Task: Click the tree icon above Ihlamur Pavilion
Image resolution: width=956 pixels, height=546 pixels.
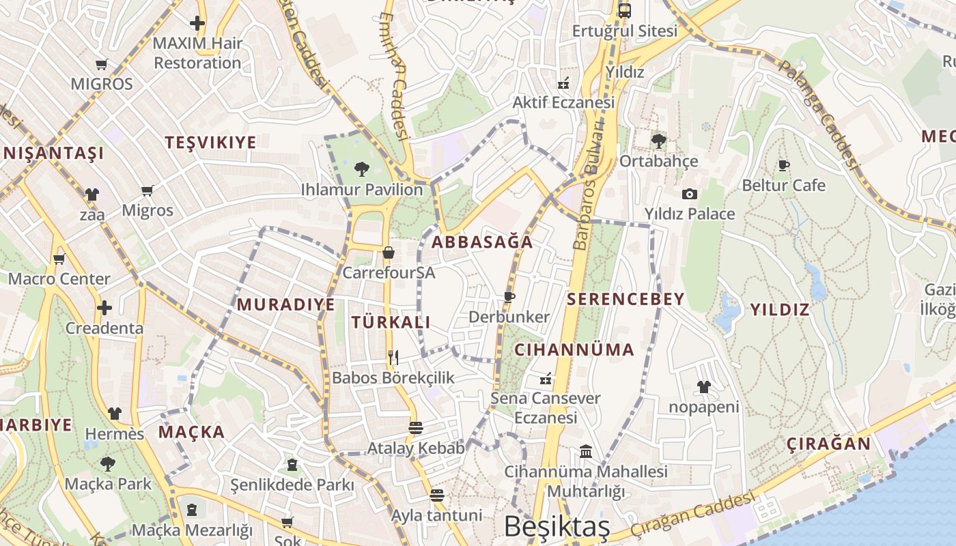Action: (362, 169)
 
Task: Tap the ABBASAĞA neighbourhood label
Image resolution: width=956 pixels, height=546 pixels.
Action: (482, 242)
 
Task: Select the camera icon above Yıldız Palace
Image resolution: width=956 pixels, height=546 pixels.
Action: (690, 194)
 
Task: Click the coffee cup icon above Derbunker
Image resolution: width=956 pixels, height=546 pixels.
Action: (509, 296)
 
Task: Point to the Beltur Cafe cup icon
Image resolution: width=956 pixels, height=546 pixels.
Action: (783, 165)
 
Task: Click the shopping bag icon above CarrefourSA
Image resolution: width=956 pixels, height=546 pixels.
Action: (389, 253)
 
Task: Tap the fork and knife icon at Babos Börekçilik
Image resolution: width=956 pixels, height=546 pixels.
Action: (393, 357)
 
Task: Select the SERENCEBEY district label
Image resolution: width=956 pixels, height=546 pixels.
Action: (625, 299)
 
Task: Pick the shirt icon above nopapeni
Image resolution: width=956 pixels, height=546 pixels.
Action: (704, 387)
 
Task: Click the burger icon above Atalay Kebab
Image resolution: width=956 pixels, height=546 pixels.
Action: (415, 428)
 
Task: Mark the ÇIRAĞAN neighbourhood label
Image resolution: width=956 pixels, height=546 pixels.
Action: (828, 444)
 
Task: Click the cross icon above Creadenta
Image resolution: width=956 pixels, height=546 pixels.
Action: (104, 308)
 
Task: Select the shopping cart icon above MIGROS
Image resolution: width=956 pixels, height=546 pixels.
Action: (102, 64)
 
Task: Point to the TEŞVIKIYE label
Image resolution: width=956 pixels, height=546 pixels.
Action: (211, 143)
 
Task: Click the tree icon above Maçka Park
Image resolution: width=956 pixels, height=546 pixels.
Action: (108, 464)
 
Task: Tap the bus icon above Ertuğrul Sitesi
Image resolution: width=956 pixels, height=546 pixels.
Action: (624, 10)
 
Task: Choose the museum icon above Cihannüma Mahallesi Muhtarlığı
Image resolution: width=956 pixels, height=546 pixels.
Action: (585, 451)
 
